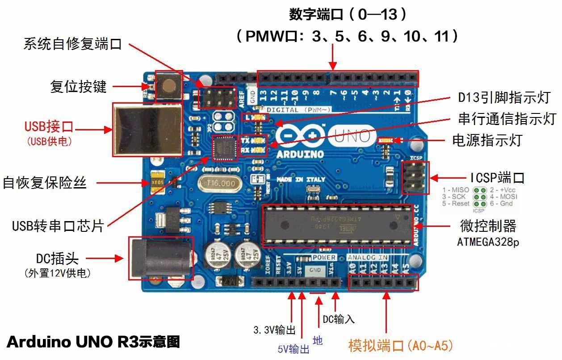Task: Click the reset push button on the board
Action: click(169, 85)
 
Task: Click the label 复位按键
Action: click(79, 86)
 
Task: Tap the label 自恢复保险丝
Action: click(44, 183)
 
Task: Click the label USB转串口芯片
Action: click(58, 226)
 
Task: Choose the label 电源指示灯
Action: click(487, 140)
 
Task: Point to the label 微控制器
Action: click(488, 226)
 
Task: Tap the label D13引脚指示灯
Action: click(504, 97)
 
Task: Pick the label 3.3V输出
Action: click(274, 331)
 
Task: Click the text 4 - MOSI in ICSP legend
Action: click(503, 197)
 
